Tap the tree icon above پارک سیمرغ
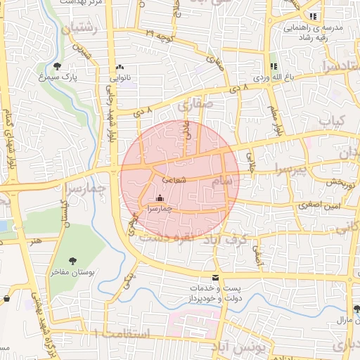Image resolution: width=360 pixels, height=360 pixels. [x=66, y=65]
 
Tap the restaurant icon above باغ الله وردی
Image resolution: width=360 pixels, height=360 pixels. [x=274, y=65]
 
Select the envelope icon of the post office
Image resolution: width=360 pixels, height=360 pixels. [x=215, y=278]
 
